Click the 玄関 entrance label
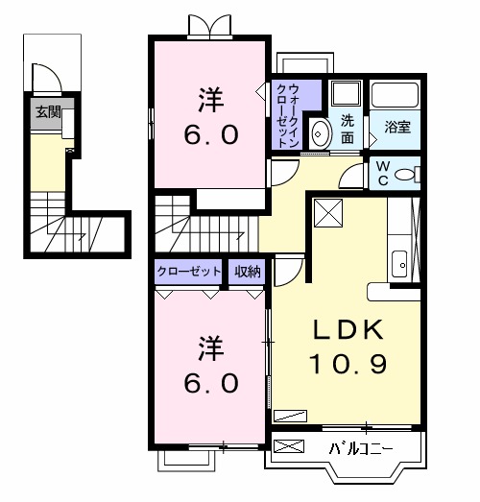48,111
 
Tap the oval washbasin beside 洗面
322,134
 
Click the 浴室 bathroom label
396,126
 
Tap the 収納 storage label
248,272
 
